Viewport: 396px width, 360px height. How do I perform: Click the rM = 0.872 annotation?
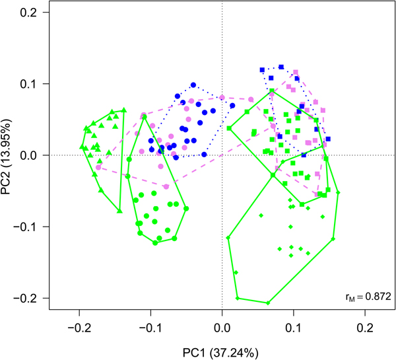tap(363, 294)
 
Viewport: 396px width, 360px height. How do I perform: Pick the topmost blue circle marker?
tap(193, 85)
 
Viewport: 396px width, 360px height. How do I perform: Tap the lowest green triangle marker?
tap(119, 211)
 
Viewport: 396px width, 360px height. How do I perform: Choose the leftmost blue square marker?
tap(262, 69)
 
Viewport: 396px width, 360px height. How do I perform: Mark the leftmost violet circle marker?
tap(98, 167)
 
